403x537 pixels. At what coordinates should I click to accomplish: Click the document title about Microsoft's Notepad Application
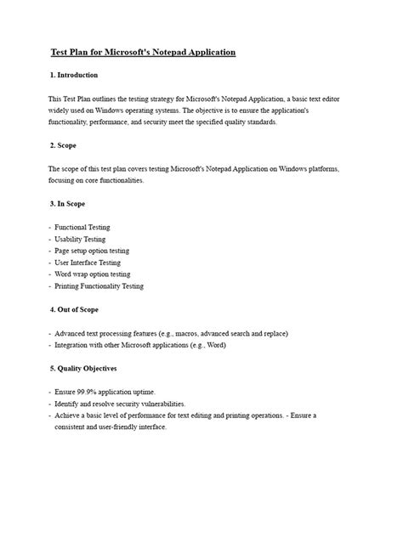[142, 53]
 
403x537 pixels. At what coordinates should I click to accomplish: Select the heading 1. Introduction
[75, 76]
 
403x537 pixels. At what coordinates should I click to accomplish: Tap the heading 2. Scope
[64, 145]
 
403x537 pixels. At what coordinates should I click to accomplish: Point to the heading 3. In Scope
[68, 204]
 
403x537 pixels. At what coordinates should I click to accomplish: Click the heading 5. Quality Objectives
[83, 369]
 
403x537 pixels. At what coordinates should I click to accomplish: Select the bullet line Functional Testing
[82, 228]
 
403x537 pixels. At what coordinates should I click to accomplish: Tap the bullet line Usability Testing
[80, 240]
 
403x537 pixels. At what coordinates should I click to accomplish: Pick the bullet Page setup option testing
[92, 252]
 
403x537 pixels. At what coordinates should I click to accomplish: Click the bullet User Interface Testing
[88, 263]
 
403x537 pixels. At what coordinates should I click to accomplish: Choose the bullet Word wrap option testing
[93, 274]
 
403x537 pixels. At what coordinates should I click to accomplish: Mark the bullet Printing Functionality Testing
[99, 286]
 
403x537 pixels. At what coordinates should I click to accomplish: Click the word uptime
[145, 392]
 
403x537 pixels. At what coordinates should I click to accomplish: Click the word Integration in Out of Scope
[74, 346]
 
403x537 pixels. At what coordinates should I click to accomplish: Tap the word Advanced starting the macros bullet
[71, 334]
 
